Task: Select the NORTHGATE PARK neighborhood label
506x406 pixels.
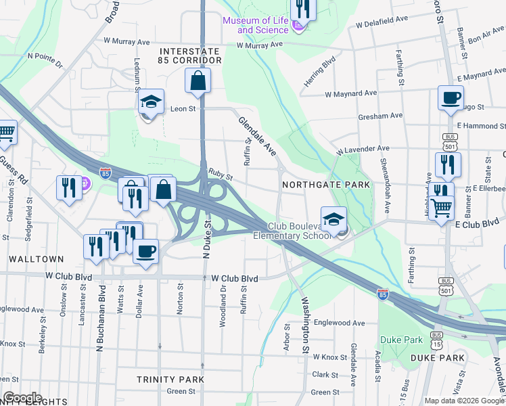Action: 326,185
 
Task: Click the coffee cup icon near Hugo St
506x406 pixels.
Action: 451,97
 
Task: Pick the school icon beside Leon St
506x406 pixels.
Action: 152,102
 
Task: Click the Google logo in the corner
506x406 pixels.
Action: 22,398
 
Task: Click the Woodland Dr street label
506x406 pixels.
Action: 223,305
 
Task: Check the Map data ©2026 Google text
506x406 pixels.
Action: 464,400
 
